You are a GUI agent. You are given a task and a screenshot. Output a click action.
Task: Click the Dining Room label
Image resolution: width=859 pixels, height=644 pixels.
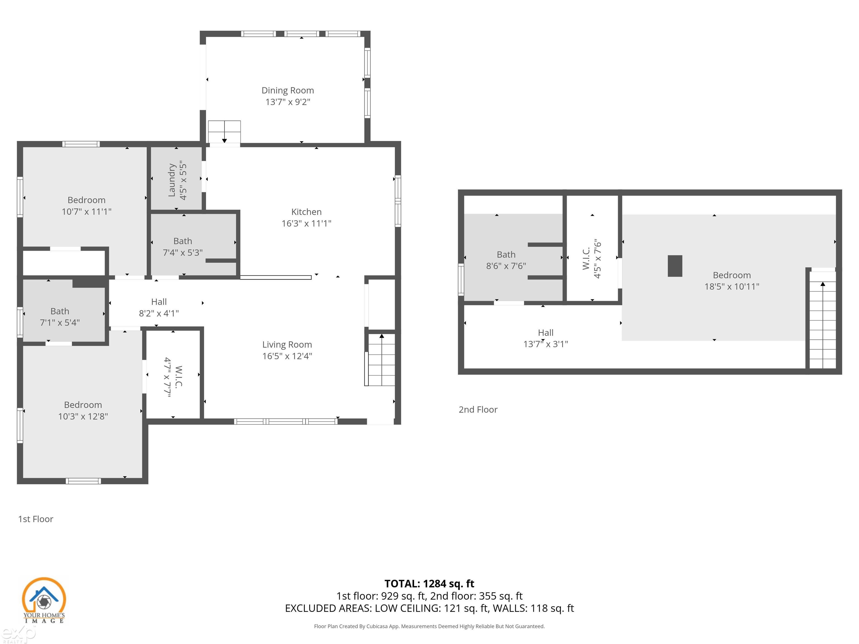pyautogui.click(x=287, y=91)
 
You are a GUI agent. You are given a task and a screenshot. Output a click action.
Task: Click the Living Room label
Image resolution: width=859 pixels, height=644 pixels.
pyautogui.click(x=287, y=345)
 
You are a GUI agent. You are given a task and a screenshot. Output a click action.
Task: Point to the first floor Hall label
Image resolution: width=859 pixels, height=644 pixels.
pyautogui.click(x=159, y=302)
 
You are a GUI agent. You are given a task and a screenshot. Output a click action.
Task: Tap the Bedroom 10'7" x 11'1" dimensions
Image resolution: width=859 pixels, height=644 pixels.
pyautogui.click(x=87, y=212)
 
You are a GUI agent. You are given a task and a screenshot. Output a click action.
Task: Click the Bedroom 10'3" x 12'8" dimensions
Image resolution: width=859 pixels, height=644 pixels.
pyautogui.click(x=83, y=416)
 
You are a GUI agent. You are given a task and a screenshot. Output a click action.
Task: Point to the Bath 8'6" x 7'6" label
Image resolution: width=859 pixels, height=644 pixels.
pyautogui.click(x=506, y=255)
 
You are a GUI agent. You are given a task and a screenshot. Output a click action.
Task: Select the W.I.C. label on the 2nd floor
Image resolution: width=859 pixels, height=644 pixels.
pyautogui.click(x=586, y=259)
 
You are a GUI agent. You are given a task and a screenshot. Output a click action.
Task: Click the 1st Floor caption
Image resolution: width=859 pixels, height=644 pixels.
pyautogui.click(x=36, y=519)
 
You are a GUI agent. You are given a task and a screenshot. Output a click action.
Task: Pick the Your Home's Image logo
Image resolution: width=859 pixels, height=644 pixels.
pyautogui.click(x=44, y=600)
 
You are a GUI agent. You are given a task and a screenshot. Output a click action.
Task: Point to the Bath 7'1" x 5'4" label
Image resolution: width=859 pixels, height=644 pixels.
pyautogui.click(x=60, y=311)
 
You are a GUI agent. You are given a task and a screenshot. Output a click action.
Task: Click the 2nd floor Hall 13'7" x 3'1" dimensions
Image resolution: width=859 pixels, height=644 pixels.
pyautogui.click(x=545, y=344)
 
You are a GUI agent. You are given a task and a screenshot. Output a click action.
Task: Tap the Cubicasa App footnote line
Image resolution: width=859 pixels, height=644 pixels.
pyautogui.click(x=429, y=626)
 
